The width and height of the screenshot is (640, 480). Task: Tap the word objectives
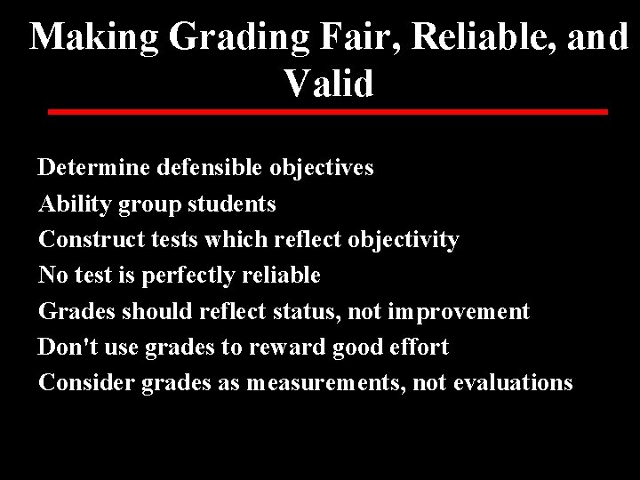point(319,168)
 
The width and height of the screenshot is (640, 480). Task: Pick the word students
point(234,204)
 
